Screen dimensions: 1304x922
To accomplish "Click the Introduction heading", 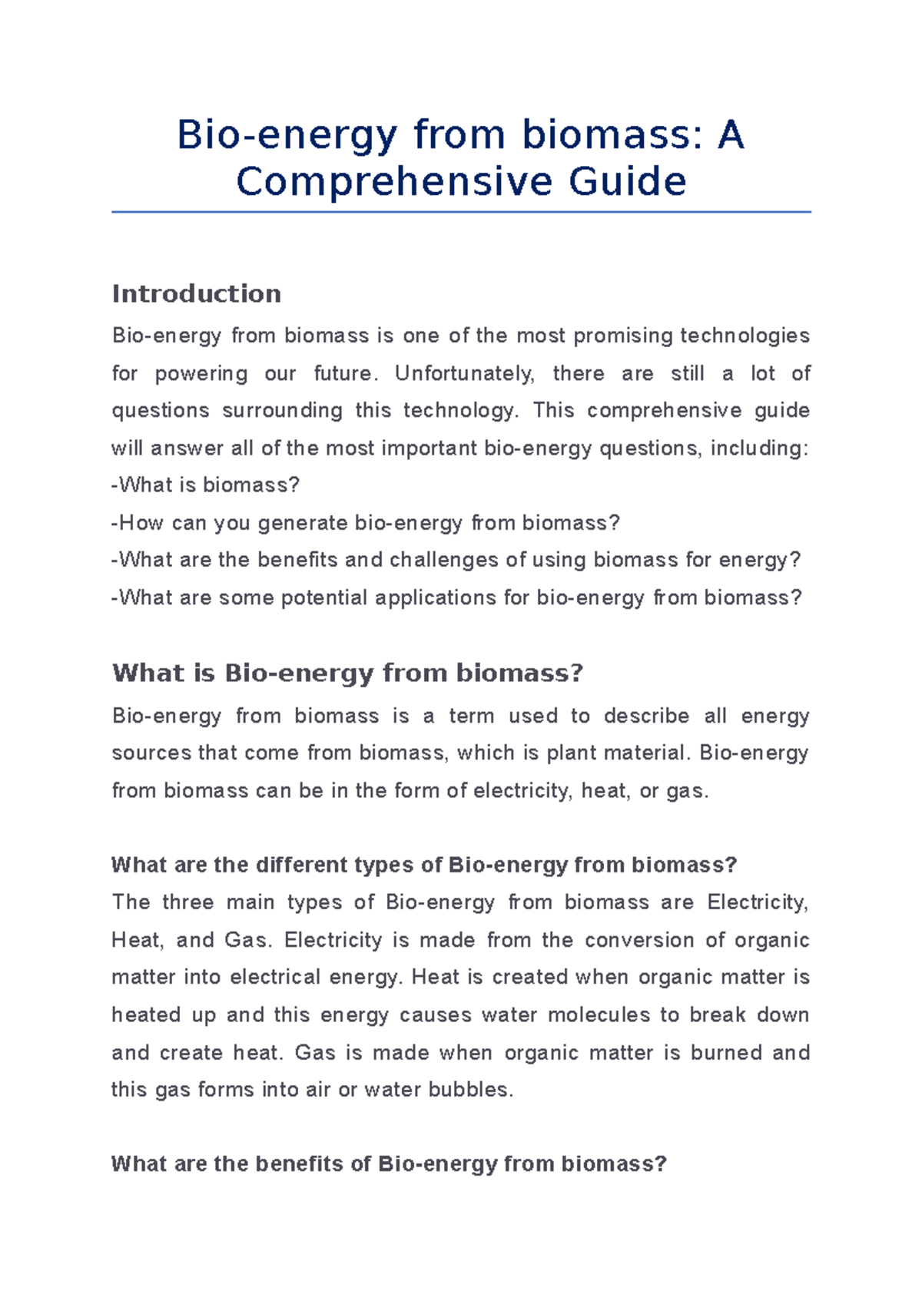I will click(x=197, y=293).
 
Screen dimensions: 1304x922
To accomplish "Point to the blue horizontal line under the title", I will click(x=461, y=212).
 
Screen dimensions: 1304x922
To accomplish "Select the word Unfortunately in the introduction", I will click(x=464, y=373).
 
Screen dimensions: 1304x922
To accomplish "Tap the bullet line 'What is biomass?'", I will click(x=206, y=485).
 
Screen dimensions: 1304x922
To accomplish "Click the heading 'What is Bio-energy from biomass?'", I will click(x=347, y=673).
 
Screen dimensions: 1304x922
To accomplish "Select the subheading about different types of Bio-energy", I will click(x=424, y=865).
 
